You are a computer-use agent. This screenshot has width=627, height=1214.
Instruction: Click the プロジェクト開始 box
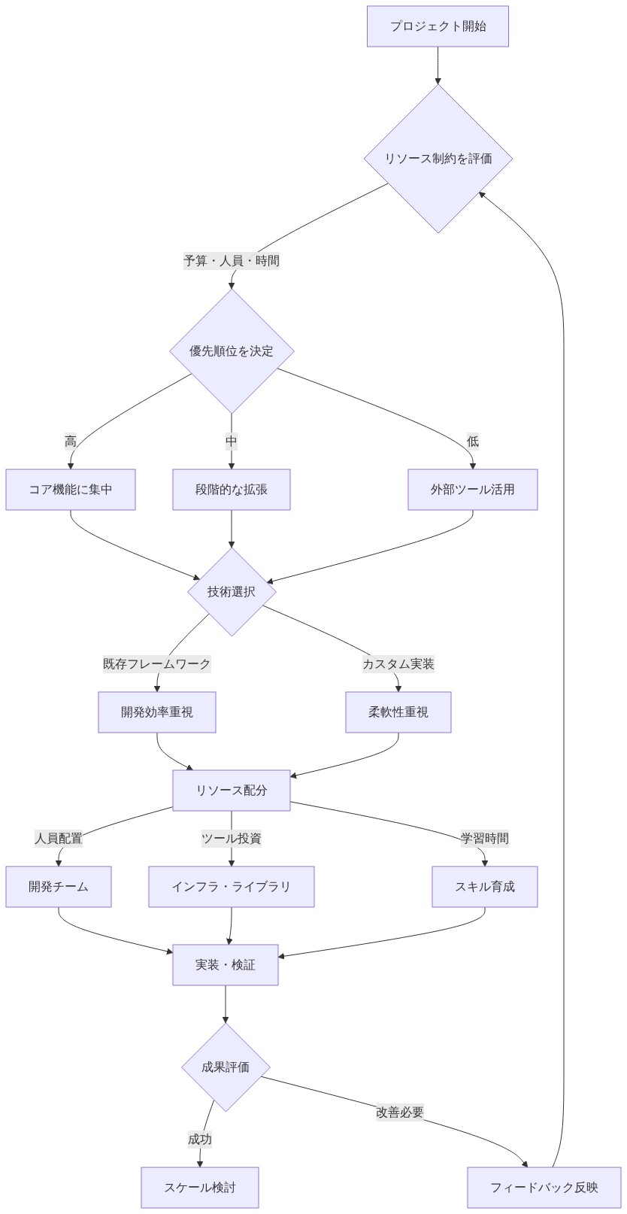click(x=438, y=26)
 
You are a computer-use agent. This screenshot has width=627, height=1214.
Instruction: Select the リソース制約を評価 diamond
click(x=438, y=159)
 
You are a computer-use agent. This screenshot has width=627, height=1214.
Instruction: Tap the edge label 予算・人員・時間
click(x=232, y=261)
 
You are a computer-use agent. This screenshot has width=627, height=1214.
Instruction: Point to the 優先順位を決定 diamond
click(x=232, y=351)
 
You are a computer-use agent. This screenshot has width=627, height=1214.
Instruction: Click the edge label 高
click(x=71, y=442)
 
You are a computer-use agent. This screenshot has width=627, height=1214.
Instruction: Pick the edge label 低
click(x=472, y=442)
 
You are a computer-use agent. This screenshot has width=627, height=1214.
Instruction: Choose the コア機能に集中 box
click(x=71, y=490)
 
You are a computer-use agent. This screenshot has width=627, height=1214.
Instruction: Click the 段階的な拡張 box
click(x=232, y=490)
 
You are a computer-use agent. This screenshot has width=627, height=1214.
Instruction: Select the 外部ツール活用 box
click(x=472, y=490)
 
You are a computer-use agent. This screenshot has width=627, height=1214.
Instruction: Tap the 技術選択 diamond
click(x=232, y=592)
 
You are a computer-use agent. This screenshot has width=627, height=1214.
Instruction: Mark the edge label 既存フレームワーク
click(x=157, y=664)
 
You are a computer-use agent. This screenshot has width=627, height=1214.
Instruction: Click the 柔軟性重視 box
click(x=398, y=712)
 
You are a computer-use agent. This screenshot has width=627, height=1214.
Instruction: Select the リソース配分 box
click(x=232, y=791)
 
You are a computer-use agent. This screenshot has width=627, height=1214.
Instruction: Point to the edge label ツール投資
click(x=232, y=839)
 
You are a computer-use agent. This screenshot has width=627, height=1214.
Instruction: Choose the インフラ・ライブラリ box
click(x=232, y=887)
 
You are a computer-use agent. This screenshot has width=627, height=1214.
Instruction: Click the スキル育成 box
click(x=484, y=887)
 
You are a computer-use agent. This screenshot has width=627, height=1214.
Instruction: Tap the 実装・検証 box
click(x=226, y=965)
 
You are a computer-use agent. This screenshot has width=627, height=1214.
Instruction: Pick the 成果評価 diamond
click(x=226, y=1067)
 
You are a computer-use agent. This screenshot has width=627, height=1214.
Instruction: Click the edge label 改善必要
click(x=400, y=1112)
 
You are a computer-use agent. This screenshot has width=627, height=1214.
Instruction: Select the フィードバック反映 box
click(x=544, y=1188)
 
